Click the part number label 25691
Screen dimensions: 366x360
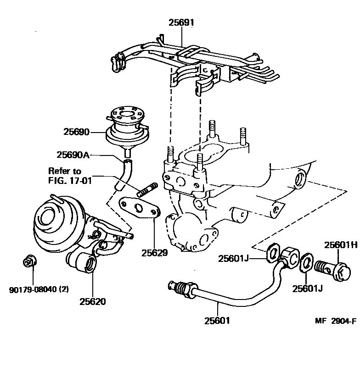181,21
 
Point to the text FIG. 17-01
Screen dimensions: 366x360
70,181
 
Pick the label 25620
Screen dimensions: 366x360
92,301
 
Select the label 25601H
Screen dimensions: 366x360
341,245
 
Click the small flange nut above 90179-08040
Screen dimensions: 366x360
28,262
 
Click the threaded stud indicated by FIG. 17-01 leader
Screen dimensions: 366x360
147,189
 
